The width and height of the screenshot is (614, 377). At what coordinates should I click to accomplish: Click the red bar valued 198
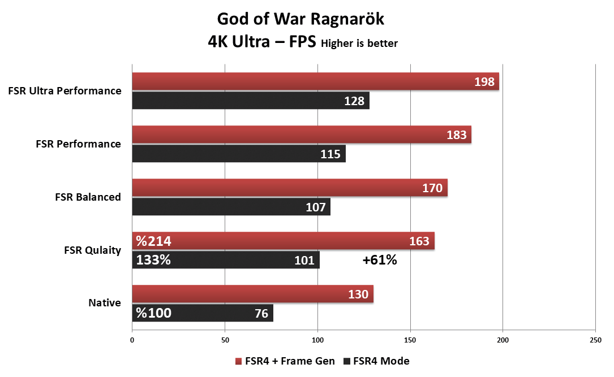[x=315, y=81]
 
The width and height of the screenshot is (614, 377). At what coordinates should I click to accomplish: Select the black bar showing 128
[x=250, y=101]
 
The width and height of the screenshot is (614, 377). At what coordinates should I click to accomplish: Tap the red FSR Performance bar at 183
[x=301, y=135]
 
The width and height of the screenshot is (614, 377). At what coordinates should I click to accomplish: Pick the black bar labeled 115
[x=238, y=154]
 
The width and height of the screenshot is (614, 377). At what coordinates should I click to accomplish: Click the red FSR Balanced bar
[x=289, y=188]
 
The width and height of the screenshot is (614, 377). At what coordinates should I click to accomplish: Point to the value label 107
[x=316, y=207]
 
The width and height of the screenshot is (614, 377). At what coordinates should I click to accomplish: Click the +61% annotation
[x=379, y=261]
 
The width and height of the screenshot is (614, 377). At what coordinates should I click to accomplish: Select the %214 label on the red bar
[x=153, y=241]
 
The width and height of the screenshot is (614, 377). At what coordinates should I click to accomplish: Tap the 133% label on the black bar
[x=153, y=261]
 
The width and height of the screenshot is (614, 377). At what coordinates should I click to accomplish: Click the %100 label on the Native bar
[x=153, y=313]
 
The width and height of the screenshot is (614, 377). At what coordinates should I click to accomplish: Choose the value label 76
[x=261, y=313]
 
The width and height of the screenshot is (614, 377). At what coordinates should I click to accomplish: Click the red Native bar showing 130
[x=252, y=294]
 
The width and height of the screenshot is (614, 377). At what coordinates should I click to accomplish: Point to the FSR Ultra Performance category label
[x=65, y=90]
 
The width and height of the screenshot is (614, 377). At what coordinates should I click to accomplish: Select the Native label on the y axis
[x=105, y=303]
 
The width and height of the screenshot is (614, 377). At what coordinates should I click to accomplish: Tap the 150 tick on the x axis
[x=410, y=340]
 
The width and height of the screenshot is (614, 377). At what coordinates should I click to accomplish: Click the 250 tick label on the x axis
[x=595, y=340]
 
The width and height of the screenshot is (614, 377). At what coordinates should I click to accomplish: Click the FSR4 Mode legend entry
[x=376, y=361]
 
